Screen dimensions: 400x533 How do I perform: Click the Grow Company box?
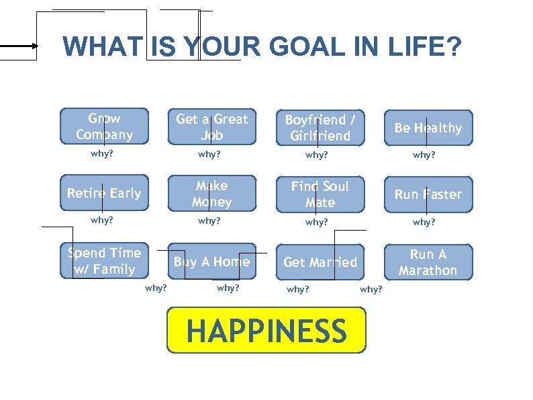104,126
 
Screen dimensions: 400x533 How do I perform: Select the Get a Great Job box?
211,127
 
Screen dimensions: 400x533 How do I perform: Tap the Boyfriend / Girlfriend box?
319,128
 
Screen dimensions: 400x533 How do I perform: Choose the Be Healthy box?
428,128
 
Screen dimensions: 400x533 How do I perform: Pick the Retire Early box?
104,194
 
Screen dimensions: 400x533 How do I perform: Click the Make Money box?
211,194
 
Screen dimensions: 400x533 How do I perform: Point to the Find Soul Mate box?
320,194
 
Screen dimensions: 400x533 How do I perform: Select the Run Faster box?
428,194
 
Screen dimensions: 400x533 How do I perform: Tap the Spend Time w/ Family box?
104,261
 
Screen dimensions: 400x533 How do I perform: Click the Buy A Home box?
211,262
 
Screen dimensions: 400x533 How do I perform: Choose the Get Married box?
320,262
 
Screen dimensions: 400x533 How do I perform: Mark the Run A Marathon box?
428,262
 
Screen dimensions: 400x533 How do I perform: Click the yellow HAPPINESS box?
266,331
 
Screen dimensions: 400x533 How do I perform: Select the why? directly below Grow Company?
102,155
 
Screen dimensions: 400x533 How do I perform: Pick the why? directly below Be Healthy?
424,155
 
